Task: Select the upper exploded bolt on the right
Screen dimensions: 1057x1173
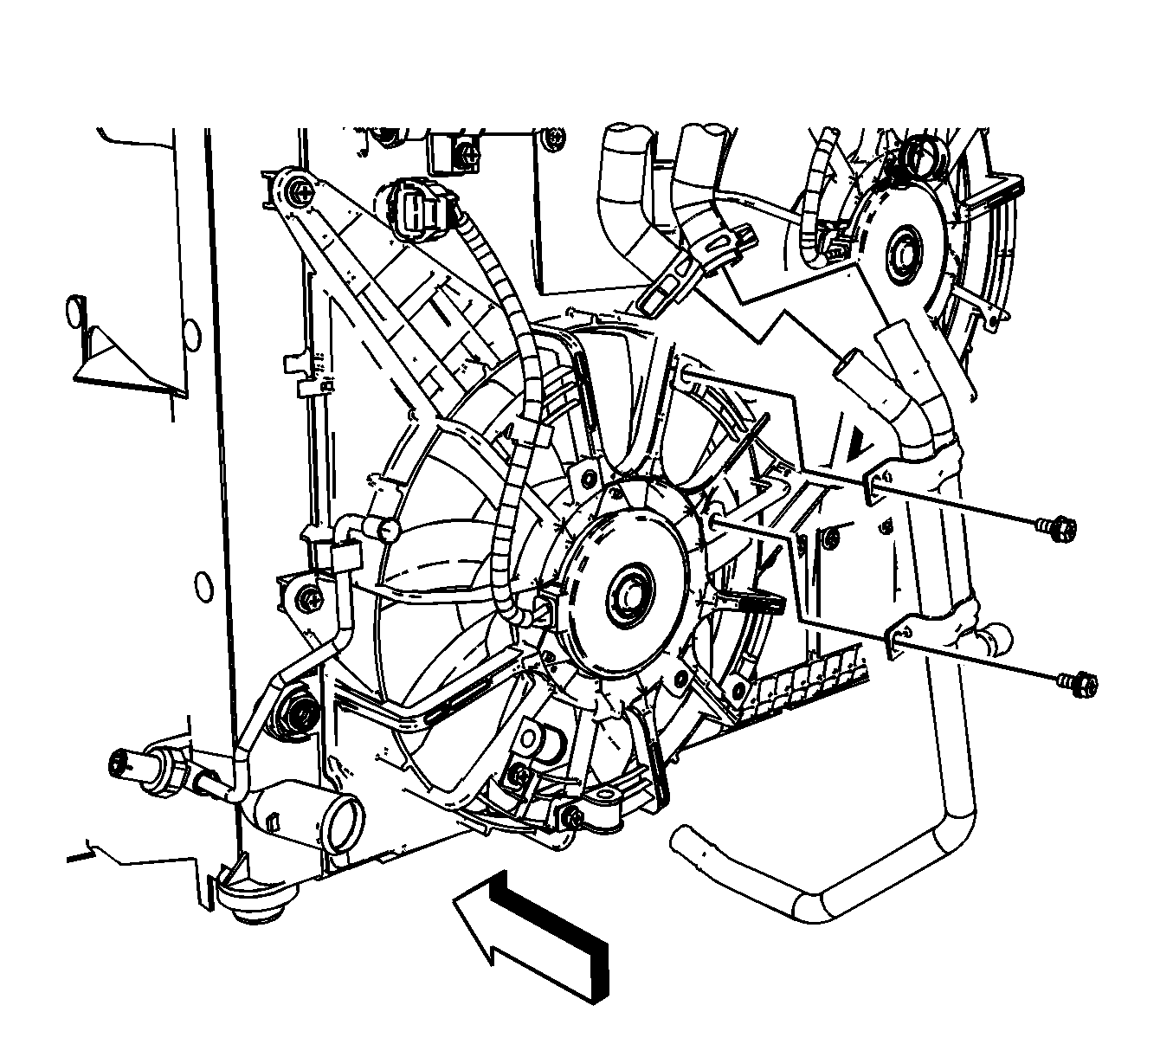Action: pos(1050,524)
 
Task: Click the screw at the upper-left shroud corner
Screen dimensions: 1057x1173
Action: pos(300,191)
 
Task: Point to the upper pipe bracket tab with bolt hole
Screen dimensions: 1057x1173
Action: pos(880,485)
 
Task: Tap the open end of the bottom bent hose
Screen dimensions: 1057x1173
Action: pos(683,840)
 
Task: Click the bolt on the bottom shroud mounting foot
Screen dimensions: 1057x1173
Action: pos(573,816)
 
